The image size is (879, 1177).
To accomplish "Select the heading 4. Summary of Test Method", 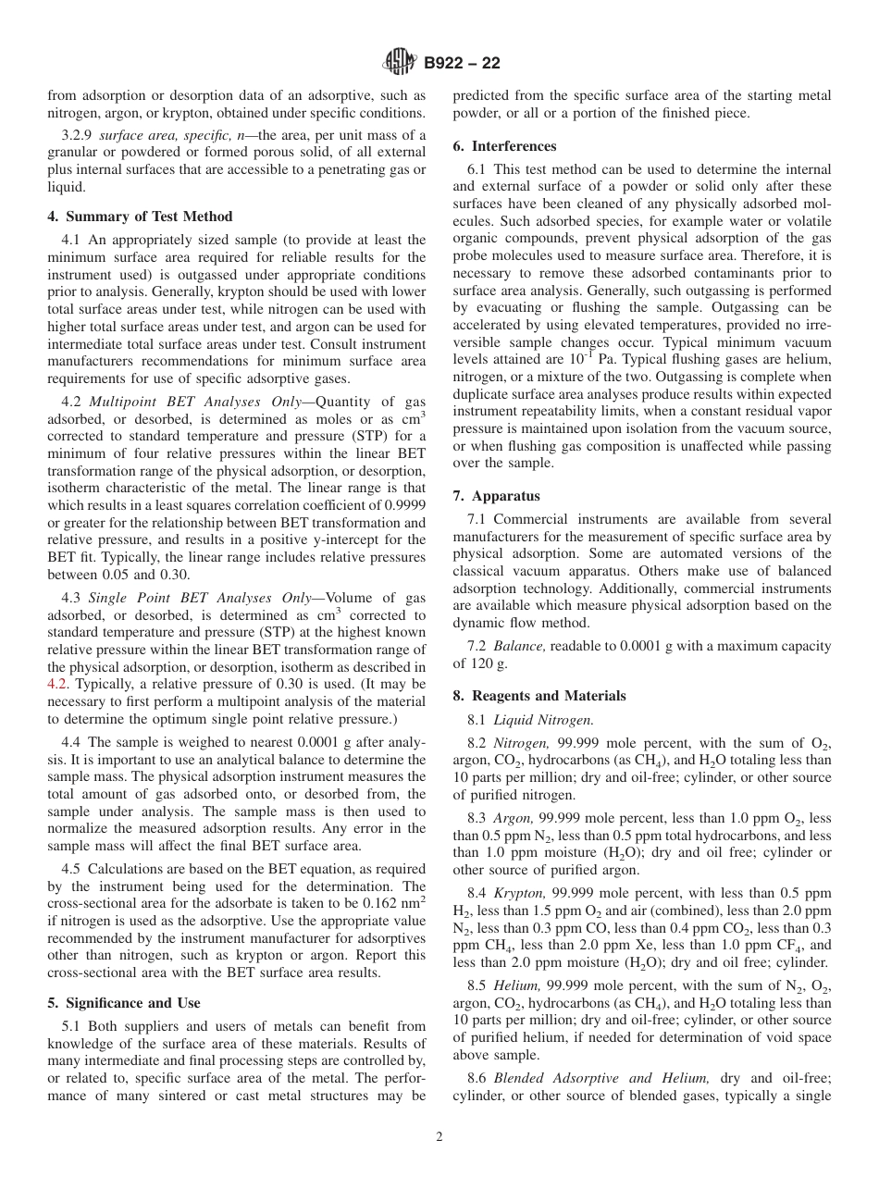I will click(140, 217).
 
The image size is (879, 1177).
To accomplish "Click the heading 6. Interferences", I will click(504, 146).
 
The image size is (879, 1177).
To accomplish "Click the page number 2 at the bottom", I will click(439, 1137).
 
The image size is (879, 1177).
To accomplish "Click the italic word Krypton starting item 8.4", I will click(518, 892).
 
